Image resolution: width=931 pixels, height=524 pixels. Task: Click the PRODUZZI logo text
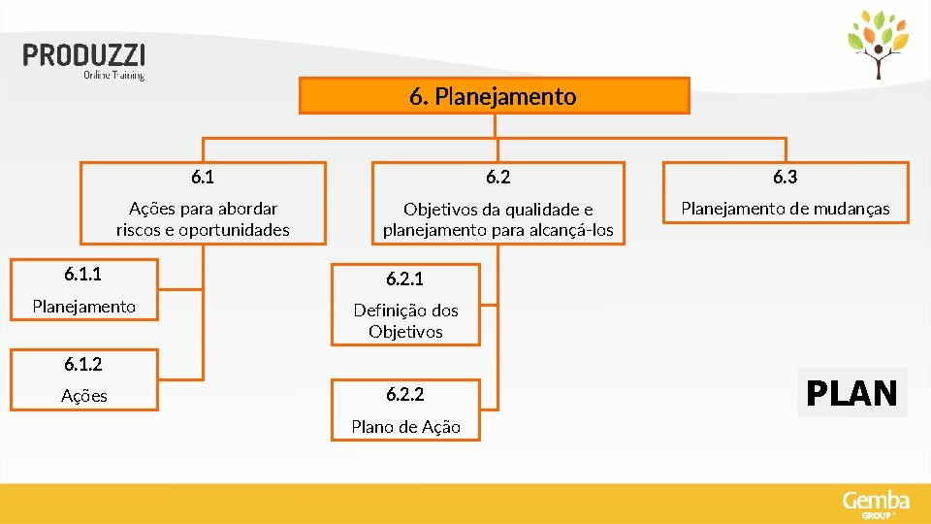84,55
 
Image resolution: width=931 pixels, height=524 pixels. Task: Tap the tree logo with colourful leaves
879,45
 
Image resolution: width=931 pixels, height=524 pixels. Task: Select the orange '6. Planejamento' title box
494,96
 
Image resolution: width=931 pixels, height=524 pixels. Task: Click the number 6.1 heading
203,177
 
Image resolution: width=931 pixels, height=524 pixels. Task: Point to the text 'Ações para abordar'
203,209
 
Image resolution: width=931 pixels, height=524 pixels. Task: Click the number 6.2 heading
498,177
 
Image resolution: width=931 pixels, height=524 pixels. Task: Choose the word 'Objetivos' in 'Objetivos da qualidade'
439,210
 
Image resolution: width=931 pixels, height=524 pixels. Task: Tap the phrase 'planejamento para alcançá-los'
498,230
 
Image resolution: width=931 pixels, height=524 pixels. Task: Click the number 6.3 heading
785,177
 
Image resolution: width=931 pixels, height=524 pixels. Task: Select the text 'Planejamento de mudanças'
785,209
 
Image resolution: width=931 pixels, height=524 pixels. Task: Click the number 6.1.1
83,275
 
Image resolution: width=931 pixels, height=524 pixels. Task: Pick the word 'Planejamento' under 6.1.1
83,307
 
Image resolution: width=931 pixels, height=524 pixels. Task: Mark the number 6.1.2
83,365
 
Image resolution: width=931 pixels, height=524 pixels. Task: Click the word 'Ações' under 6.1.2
83,396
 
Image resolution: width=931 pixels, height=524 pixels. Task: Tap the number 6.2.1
404,279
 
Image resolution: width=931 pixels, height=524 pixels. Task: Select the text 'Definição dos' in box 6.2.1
405,311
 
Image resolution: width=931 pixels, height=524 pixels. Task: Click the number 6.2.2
404,395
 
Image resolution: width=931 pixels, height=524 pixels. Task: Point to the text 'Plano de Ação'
405,427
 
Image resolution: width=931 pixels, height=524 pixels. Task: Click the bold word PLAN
852,393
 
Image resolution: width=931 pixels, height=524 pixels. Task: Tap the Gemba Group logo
876,504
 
